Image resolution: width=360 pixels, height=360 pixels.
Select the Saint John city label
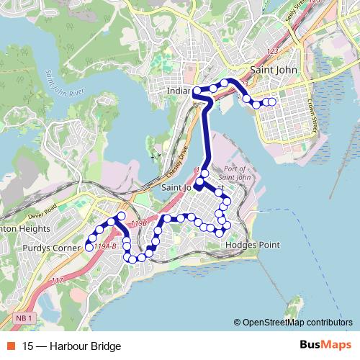coord(274,71)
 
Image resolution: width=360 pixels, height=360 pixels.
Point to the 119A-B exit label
coord(105,246)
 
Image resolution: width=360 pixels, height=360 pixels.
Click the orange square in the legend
coord(10,346)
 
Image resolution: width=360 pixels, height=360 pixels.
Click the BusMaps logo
coord(325,345)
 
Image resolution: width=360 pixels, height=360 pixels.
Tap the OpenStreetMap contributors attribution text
coord(297,323)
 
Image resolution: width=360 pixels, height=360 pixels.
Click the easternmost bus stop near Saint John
coord(272,102)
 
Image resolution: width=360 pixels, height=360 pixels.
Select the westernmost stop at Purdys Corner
coord(89,247)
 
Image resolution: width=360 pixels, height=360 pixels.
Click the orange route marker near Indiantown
coord(195,91)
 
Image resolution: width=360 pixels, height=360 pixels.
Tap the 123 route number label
coord(271,52)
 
